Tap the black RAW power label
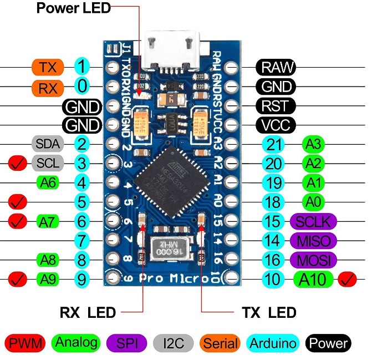[276, 68]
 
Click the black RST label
[276, 105]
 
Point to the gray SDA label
[48, 144]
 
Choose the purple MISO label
[313, 240]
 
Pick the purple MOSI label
[313, 259]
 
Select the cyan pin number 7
[82, 240]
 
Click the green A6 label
[48, 182]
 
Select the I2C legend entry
[172, 343]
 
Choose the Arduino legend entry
[272, 343]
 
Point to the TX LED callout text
[269, 313]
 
